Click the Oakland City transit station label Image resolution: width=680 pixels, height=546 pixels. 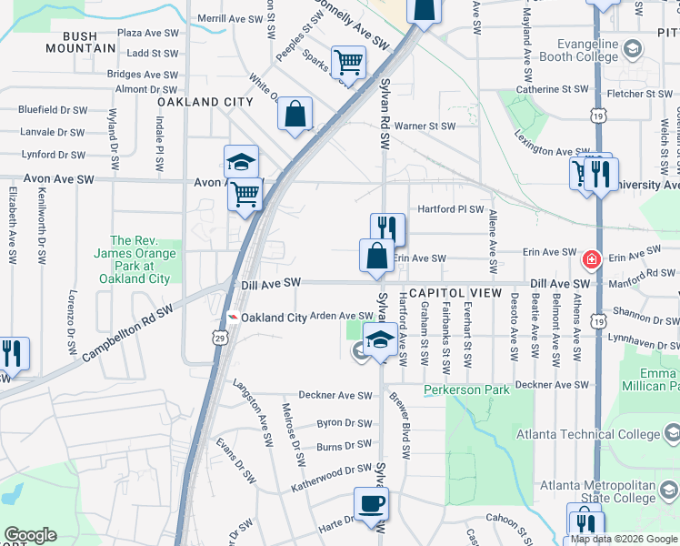click(273, 317)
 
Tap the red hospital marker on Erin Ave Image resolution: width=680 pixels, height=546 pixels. click(592, 260)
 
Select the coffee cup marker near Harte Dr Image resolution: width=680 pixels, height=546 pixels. click(371, 504)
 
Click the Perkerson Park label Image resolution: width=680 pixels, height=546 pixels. click(467, 390)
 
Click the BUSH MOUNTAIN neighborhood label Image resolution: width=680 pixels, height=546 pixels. click(93, 36)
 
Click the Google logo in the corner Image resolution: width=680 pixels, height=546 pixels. click(31, 535)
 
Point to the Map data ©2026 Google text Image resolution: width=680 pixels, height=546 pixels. click(624, 539)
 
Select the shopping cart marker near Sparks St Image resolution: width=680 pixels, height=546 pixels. click(348, 63)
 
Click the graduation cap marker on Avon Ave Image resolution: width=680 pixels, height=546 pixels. click(241, 161)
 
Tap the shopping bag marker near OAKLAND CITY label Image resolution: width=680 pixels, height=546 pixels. click(295, 114)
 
